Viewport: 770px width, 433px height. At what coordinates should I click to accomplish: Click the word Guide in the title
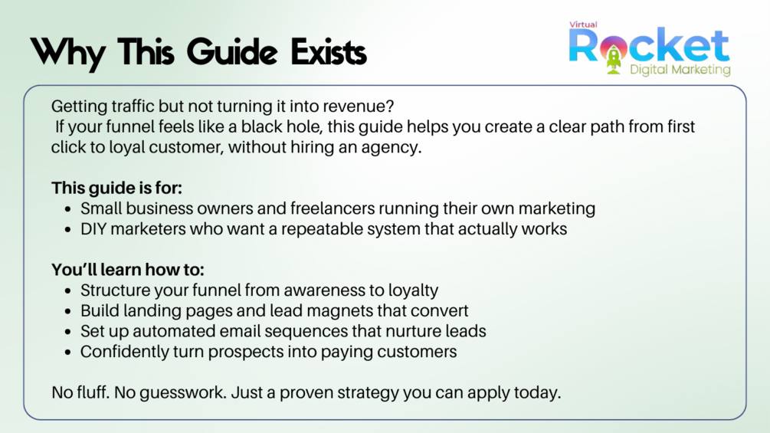(232, 52)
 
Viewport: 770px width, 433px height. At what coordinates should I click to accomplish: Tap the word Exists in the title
(329, 52)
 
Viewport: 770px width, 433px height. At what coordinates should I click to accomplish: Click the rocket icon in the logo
(614, 57)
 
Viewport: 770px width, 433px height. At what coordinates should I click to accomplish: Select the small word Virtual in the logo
(583, 25)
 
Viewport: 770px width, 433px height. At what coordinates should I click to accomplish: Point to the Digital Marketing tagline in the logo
(680, 70)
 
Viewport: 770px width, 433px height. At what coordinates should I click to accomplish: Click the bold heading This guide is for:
(117, 188)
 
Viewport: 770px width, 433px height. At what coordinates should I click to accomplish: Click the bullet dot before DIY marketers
(67, 230)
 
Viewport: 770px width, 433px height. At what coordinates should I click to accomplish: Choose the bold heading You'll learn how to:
(128, 270)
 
